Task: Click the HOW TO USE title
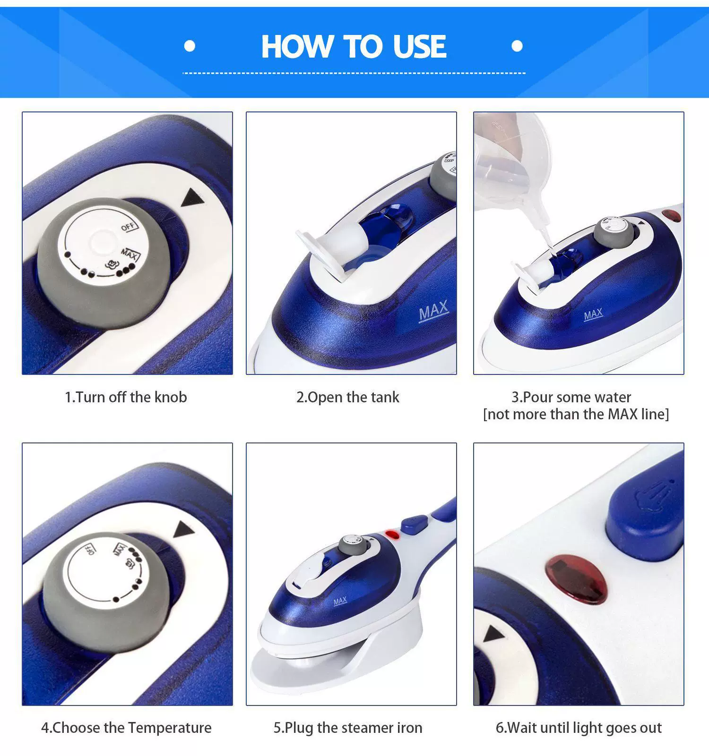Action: (354, 46)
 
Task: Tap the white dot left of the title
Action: (190, 46)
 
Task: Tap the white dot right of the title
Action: (517, 46)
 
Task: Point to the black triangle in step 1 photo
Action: (193, 198)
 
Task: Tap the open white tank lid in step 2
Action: (326, 250)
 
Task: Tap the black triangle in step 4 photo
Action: (184, 530)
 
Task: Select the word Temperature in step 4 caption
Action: (170, 728)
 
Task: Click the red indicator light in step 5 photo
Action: (392, 535)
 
